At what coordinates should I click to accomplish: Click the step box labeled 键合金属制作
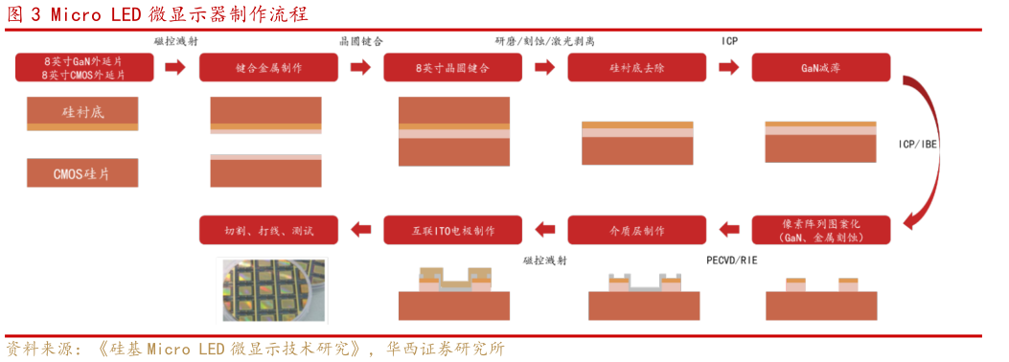pyautogui.click(x=268, y=68)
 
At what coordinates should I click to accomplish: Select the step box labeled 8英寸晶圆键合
pyautogui.click(x=452, y=68)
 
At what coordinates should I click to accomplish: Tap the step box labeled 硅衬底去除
pyautogui.click(x=636, y=68)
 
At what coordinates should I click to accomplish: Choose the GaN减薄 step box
pyautogui.click(x=820, y=68)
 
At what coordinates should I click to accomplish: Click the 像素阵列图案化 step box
pyautogui.click(x=820, y=230)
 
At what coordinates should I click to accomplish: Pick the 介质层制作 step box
pyautogui.click(x=636, y=230)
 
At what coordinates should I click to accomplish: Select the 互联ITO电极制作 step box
pyautogui.click(x=452, y=230)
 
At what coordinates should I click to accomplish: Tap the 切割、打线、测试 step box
pyautogui.click(x=268, y=230)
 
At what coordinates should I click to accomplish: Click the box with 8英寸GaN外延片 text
pyautogui.click(x=84, y=68)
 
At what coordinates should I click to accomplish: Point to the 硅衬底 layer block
pyautogui.click(x=82, y=113)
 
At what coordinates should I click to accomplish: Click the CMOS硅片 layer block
pyautogui.click(x=82, y=173)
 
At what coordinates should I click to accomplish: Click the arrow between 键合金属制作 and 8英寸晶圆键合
pyautogui.click(x=360, y=67)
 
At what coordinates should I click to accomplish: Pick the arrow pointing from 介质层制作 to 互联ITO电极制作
pyautogui.click(x=544, y=230)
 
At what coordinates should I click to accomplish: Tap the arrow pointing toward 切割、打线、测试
pyautogui.click(x=360, y=230)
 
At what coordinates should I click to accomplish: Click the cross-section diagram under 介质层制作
pyautogui.click(x=644, y=297)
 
